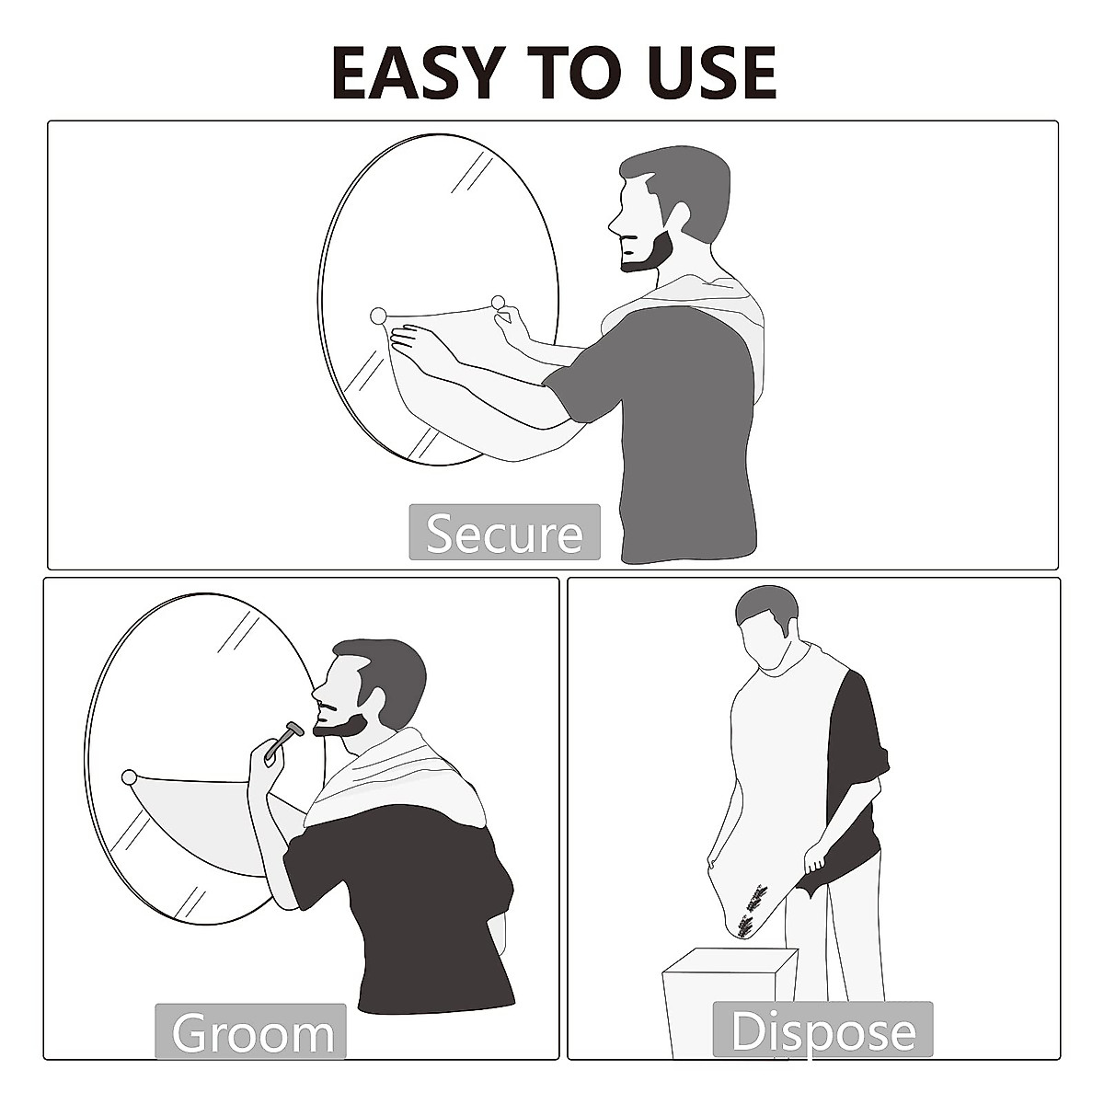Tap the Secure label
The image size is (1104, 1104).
click(x=504, y=533)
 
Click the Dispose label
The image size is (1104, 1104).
click(x=822, y=1030)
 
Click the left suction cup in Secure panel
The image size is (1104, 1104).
click(x=378, y=316)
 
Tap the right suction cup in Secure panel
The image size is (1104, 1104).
click(x=499, y=302)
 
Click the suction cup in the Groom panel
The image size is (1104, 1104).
click(x=129, y=777)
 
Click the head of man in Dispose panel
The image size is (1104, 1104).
click(x=766, y=626)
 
